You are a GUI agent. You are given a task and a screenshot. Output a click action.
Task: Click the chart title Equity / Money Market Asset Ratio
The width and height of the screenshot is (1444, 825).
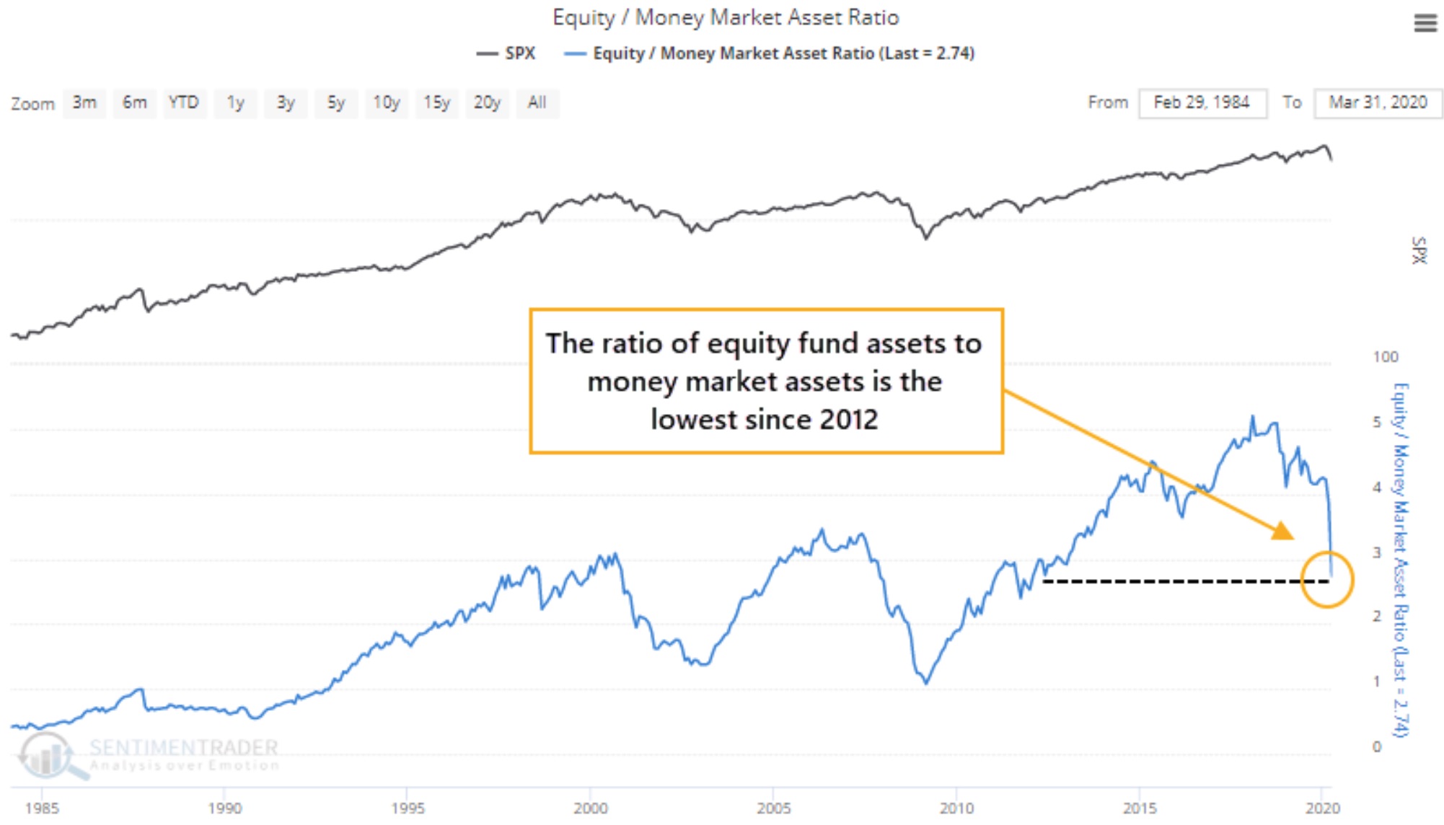(x=726, y=17)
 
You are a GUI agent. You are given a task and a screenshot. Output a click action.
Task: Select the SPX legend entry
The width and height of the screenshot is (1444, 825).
(x=507, y=53)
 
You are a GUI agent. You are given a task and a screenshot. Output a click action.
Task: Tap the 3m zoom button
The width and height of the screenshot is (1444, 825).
(x=84, y=103)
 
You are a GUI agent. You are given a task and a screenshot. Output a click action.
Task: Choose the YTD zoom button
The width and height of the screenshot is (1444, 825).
(x=183, y=103)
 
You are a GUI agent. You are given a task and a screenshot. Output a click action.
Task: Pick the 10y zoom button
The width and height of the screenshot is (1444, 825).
(x=386, y=103)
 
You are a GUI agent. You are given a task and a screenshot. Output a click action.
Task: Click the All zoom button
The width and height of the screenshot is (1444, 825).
(x=537, y=103)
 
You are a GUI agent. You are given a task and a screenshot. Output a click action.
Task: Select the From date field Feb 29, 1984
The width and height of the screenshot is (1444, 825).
(x=1202, y=103)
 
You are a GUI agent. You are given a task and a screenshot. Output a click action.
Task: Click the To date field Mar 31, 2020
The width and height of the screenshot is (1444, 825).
(x=1378, y=103)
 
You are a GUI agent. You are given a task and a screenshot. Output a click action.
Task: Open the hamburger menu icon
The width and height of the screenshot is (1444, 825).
(x=1425, y=24)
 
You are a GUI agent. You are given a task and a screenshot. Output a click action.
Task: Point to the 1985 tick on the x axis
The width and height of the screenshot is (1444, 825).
(x=42, y=808)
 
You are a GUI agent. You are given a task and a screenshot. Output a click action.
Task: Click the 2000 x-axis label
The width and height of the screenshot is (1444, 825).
(x=591, y=808)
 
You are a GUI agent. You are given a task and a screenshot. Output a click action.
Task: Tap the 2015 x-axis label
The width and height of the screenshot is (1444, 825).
(x=1140, y=808)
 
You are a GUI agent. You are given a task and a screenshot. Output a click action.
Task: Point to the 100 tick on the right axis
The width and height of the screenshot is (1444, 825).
(x=1385, y=357)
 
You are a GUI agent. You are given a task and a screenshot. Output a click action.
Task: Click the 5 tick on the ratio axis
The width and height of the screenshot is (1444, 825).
(x=1377, y=422)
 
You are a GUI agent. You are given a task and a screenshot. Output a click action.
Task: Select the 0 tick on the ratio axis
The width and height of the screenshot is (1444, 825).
(x=1377, y=747)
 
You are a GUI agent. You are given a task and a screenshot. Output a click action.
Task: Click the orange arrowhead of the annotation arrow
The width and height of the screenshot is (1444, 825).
(x=1283, y=532)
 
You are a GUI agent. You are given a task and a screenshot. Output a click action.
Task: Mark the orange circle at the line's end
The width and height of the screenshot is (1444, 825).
(x=1327, y=580)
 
